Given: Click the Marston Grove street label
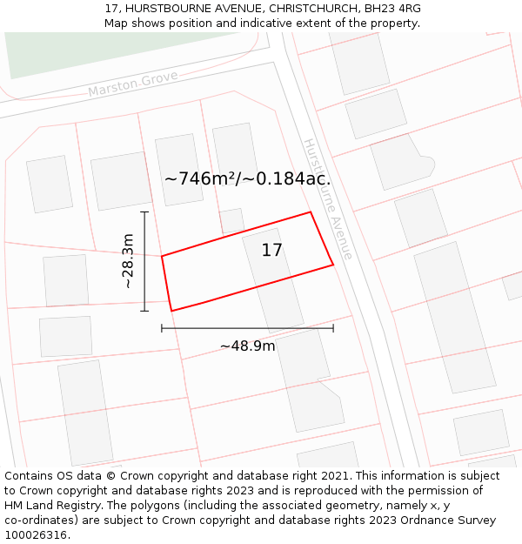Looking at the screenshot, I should pos(132,84).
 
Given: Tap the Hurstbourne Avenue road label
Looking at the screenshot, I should pos(328,198).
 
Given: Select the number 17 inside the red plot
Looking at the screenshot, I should pos(272,251).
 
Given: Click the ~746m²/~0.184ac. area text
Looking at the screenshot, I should pos(247,179).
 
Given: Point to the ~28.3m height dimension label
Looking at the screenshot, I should pos(128,261).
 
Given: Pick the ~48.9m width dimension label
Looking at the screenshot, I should pos(247,346).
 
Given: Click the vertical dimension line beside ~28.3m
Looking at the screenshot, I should pos(144,261).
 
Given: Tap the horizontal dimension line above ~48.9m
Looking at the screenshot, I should pos(247,328).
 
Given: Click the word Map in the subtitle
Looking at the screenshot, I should pos(116,23).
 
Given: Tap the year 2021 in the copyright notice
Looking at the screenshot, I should pos(334,476).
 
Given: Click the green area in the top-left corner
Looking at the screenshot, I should pos(35,52).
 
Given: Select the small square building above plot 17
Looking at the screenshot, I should pos(231,221).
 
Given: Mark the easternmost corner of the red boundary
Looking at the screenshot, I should pos(333,265).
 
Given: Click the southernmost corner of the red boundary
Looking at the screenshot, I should pos(171,311).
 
